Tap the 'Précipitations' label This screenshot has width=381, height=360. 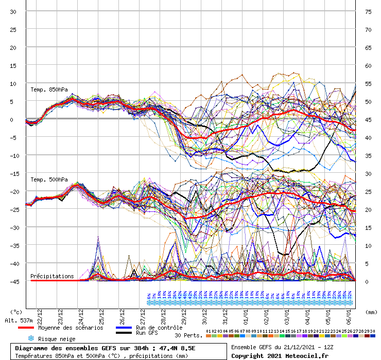pyautogui.click(x=52, y=276)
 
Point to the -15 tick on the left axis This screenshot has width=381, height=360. pyautogui.click(x=14, y=173)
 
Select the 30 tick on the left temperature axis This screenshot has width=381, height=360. pyautogui.click(x=14, y=11)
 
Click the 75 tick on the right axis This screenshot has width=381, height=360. pyautogui.click(x=368, y=11)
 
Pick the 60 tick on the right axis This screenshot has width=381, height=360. pyautogui.click(x=368, y=65)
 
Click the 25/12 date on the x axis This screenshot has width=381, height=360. pyautogui.click(x=101, y=314)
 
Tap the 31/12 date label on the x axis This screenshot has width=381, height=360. pyautogui.click(x=225, y=314)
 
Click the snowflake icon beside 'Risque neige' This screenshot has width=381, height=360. pyautogui.click(x=30, y=338)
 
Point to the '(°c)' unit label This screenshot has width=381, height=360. pyautogui.click(x=16, y=312)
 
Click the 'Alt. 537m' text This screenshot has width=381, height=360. pyautogui.click(x=19, y=320)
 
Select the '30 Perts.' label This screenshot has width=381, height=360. pyautogui.click(x=188, y=335)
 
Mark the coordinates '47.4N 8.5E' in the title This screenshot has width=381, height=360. pyautogui.click(x=179, y=348)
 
